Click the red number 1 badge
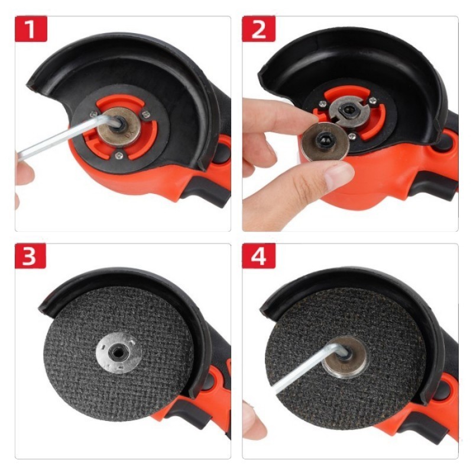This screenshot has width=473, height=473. (x=31, y=29)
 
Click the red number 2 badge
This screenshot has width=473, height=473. (x=258, y=29)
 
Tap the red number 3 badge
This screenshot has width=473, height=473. (x=31, y=256)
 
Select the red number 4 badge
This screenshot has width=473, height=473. (x=258, y=256)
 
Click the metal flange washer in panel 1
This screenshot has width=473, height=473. (x=119, y=127)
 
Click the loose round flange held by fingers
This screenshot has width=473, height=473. (x=326, y=142)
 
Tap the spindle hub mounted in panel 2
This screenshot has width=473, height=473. (x=349, y=110)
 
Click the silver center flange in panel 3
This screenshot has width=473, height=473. (x=119, y=352)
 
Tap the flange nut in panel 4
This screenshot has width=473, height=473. (x=345, y=358)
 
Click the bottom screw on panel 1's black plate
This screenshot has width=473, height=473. (x=119, y=155)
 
